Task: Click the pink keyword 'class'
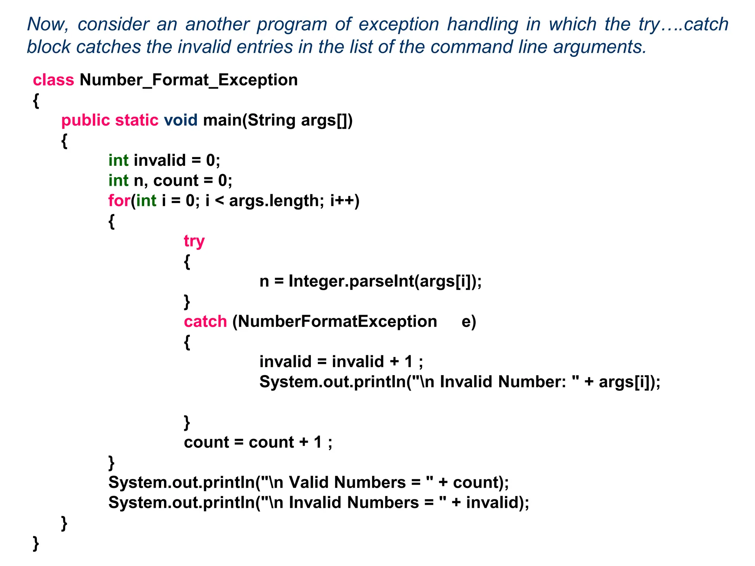(53, 80)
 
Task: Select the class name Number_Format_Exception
(188, 80)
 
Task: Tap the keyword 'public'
(86, 120)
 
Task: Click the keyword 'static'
(137, 120)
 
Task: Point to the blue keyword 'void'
(181, 120)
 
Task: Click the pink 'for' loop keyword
(119, 201)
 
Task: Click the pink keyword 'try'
(194, 241)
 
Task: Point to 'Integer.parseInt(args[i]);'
(385, 281)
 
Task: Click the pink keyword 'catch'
(205, 321)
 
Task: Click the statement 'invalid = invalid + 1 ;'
(341, 361)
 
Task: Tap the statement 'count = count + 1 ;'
(258, 442)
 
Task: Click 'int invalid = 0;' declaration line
(164, 160)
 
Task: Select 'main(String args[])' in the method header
(278, 120)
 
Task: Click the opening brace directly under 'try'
(187, 262)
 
